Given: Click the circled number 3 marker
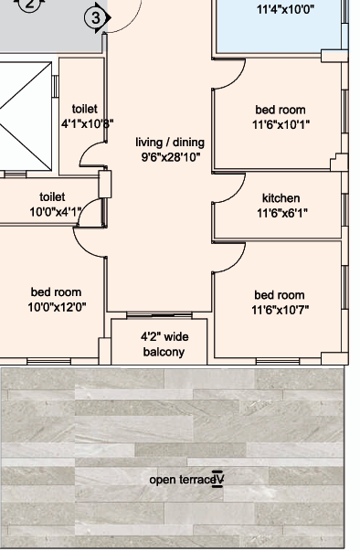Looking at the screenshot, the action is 96,18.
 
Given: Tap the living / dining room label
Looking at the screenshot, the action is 170,143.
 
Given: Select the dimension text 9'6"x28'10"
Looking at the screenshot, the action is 171,157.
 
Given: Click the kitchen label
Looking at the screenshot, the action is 281,198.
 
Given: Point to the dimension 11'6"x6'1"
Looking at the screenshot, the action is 282,213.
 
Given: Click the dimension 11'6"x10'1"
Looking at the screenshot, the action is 281,124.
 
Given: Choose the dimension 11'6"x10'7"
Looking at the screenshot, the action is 281,310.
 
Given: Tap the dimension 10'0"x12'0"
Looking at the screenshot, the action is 57,307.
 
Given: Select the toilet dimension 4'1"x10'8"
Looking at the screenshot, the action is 88,123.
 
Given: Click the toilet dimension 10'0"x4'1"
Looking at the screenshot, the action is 56,212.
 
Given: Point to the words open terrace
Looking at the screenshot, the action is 182,480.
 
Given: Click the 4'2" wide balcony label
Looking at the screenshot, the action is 164,344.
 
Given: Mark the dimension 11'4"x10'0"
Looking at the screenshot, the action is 286,9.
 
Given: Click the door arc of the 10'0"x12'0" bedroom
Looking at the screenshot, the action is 83,249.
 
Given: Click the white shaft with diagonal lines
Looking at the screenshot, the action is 26,117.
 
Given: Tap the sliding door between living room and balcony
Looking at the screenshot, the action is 159,315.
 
